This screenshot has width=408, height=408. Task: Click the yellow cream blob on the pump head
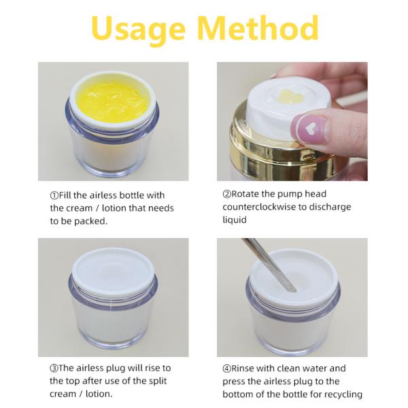[x=291, y=97]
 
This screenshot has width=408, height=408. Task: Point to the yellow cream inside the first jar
[x=112, y=102]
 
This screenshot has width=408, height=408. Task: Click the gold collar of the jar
[x=281, y=151]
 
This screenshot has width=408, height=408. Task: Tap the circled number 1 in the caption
[x=54, y=195]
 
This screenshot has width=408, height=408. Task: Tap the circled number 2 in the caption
[x=226, y=194]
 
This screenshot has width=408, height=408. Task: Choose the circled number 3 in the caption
[x=54, y=368]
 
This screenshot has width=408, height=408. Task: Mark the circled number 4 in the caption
[x=226, y=369]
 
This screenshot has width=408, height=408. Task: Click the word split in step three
[x=158, y=381]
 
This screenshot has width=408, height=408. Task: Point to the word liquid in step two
[x=235, y=220]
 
